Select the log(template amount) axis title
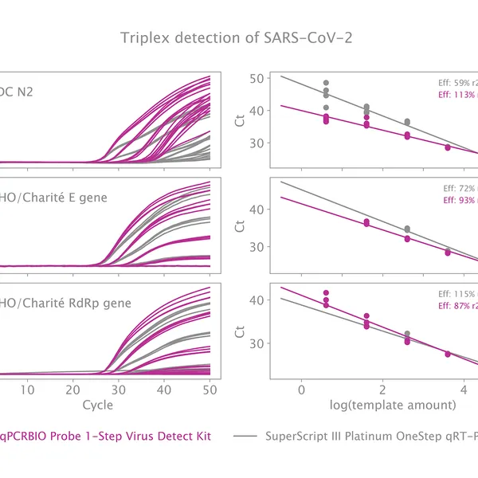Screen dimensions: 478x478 click(x=394, y=405)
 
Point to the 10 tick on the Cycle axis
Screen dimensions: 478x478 click(x=27, y=389)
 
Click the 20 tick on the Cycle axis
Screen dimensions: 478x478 click(x=72, y=389)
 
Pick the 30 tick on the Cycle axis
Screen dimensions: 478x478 click(x=118, y=389)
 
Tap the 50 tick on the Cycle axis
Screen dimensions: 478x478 click(x=210, y=389)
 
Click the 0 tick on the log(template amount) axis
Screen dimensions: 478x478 click(x=301, y=389)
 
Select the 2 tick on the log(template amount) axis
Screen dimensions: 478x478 click(x=382, y=389)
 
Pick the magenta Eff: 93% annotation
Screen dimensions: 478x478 click(x=459, y=200)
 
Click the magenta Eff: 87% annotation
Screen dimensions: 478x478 click(x=457, y=305)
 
